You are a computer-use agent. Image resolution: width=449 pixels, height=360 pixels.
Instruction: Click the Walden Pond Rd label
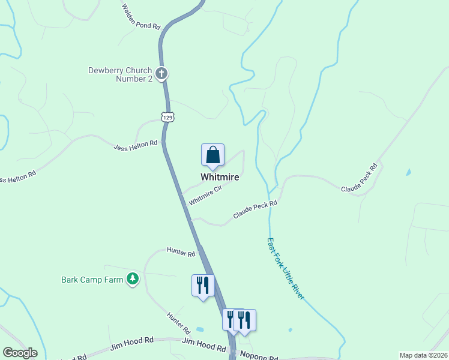[x=142, y=18]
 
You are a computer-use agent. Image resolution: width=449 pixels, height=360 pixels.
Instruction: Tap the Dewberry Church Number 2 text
[x=120, y=74]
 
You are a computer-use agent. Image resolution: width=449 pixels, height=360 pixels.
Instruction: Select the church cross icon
[x=161, y=74]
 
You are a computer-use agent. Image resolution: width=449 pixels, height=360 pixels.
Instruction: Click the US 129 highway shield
[x=168, y=117]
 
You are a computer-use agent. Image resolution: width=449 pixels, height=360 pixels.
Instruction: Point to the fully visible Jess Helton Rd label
[x=135, y=144]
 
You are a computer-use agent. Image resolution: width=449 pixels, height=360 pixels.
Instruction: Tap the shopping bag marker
[x=212, y=155]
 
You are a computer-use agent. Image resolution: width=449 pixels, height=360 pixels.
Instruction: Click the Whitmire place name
[x=220, y=177]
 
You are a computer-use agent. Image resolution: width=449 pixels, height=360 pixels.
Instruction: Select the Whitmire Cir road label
[x=205, y=195]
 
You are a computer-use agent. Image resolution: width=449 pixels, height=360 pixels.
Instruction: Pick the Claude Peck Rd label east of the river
[x=360, y=178]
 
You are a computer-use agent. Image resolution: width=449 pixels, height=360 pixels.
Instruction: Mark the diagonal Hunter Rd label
[x=178, y=323]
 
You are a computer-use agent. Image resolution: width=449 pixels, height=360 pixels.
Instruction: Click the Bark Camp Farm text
[x=92, y=279]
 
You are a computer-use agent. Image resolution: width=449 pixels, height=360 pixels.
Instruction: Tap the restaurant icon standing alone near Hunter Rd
[x=202, y=284]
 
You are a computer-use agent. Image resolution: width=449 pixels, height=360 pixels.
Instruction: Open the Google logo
[x=20, y=353]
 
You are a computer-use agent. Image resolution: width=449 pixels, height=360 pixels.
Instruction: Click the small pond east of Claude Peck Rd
[x=409, y=173]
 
